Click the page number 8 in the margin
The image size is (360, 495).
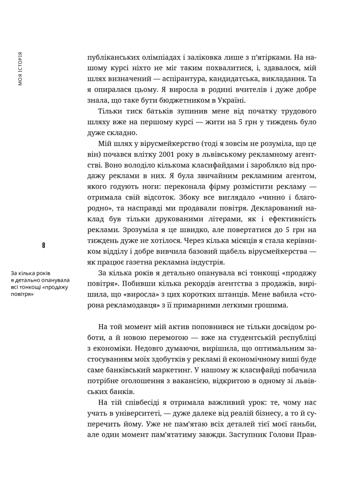coord(44,245)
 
